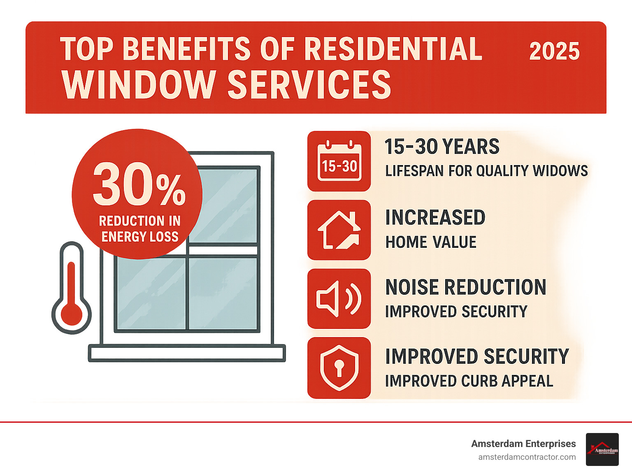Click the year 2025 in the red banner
click(x=554, y=51)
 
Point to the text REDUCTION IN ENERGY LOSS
click(x=140, y=229)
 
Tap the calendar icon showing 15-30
click(x=339, y=161)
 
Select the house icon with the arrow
click(x=339, y=230)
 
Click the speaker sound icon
click(x=339, y=299)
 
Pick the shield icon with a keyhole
click(x=339, y=368)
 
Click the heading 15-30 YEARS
click(x=441, y=147)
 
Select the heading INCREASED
click(x=435, y=217)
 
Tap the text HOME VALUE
click(x=431, y=242)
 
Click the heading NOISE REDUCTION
click(x=465, y=287)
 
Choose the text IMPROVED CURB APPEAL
click(x=469, y=381)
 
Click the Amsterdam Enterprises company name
click(x=523, y=444)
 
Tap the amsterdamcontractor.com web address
click(x=527, y=457)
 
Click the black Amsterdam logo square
click(x=602, y=449)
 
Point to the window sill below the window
click(x=187, y=354)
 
